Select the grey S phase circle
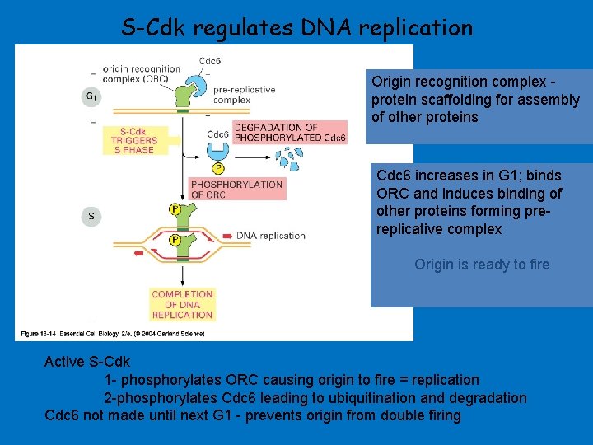point(91,217)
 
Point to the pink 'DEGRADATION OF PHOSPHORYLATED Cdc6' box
point(290,133)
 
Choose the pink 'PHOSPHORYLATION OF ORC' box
point(236,190)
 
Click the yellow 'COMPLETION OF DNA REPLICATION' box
point(182,304)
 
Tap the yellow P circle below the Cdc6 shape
point(218,169)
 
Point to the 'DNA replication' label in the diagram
point(270,236)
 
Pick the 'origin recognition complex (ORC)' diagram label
point(140,74)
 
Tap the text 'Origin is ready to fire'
point(482,265)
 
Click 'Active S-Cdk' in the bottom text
point(87,362)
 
